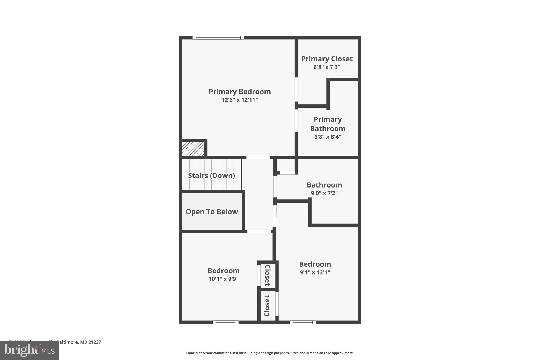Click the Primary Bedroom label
[x=239, y=92]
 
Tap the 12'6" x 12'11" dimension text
[x=239, y=100]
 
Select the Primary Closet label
[x=327, y=59]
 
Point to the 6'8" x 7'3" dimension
[x=327, y=67]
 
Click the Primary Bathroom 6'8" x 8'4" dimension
[x=327, y=137]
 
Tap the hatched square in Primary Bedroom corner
[x=193, y=149]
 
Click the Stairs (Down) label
[x=211, y=176]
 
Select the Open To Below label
[x=212, y=212]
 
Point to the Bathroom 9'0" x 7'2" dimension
[x=324, y=193]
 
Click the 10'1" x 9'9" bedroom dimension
[x=223, y=279]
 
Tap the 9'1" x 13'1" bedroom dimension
[x=315, y=272]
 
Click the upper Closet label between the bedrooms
[x=267, y=275]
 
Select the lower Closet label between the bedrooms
[x=267, y=306]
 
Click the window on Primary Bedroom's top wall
[x=218, y=38]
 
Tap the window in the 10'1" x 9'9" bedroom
[x=225, y=322]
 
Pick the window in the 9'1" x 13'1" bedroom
[x=302, y=322]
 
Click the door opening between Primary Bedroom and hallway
[x=258, y=157]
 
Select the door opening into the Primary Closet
[x=296, y=89]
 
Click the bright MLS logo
[x=29, y=350]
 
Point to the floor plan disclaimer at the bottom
[x=270, y=353]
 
